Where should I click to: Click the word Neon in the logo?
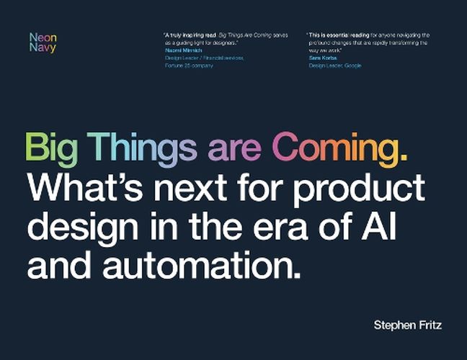(x=42, y=37)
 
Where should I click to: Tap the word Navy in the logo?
(x=42, y=48)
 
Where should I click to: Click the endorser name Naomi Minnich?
(x=184, y=50)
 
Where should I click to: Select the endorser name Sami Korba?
(x=323, y=58)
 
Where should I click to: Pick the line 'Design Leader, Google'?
(x=335, y=66)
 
